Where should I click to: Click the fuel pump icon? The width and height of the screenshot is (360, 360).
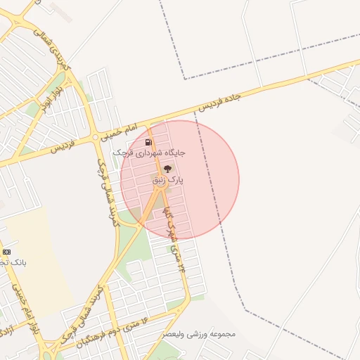[148, 142]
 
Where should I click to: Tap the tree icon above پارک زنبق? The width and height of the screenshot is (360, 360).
[167, 169]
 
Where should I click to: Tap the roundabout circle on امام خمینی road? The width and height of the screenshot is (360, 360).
[95, 138]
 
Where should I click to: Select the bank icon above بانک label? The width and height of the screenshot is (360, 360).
[6, 252]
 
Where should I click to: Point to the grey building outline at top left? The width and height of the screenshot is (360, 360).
[61, 12]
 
